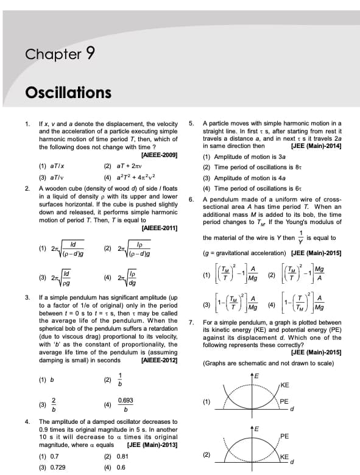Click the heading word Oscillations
click(x=68, y=93)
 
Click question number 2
click(x=27, y=188)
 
